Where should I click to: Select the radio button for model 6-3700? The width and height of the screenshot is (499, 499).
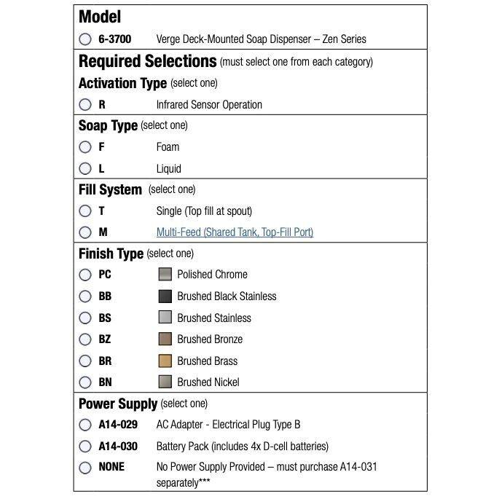click(x=85, y=39)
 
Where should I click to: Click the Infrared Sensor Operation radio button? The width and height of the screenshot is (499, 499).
click(x=85, y=105)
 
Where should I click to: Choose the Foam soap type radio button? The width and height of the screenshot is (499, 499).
click(x=85, y=147)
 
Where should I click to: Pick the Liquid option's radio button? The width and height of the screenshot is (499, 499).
click(x=85, y=169)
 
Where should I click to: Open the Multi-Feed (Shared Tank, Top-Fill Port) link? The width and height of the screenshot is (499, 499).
click(x=235, y=232)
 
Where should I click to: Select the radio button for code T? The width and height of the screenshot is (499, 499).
click(x=85, y=211)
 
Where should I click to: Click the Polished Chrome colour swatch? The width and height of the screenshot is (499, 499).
click(x=165, y=275)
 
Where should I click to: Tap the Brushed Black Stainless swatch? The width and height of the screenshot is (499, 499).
click(x=165, y=296)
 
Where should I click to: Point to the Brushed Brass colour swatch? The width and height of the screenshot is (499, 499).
click(x=165, y=361)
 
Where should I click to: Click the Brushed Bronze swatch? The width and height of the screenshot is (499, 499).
click(x=165, y=339)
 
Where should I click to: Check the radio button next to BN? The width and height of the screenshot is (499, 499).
click(x=85, y=382)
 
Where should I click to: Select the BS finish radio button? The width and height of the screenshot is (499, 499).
click(x=85, y=318)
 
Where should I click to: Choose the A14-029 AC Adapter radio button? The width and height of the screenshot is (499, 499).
click(x=85, y=425)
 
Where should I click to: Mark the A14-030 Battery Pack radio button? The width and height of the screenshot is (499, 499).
click(x=85, y=447)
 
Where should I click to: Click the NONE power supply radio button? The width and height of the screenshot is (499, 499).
click(x=85, y=468)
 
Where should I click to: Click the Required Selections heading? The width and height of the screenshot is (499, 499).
click(x=147, y=61)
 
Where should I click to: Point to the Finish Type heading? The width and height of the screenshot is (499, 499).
click(x=111, y=254)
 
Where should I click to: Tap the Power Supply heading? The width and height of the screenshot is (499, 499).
click(x=117, y=404)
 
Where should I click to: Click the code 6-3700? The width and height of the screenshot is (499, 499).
click(x=115, y=39)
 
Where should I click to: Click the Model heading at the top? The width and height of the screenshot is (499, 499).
click(x=100, y=17)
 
